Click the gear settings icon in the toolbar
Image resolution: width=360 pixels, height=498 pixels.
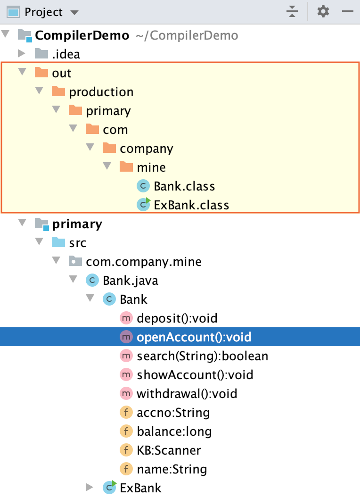pos(323,11)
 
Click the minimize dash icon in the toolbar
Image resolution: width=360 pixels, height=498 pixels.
pos(348,11)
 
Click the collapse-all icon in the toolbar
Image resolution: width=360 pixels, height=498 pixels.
pos(292,11)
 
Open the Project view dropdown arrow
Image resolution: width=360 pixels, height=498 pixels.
pos(74,12)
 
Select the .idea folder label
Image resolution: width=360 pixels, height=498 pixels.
pos(66,54)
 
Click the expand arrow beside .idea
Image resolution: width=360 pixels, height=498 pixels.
pos(22,53)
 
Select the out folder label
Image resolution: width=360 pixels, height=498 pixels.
pos(62,73)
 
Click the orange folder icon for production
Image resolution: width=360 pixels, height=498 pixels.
pos(58,91)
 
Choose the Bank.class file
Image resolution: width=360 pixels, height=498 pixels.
pos(184,186)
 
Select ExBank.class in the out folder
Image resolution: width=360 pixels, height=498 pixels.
pos(191,205)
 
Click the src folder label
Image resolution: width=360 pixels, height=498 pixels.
pos(78,243)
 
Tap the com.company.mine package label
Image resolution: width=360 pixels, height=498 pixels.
pos(144,262)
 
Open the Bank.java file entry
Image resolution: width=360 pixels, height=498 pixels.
pos(131,281)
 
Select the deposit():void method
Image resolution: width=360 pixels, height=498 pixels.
pos(177,318)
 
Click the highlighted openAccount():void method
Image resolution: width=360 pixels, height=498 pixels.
pos(194,337)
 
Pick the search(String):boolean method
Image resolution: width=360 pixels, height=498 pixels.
pos(202,356)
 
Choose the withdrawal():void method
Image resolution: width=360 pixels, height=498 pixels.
pos(187,394)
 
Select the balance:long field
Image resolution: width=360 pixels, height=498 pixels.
pos(174,432)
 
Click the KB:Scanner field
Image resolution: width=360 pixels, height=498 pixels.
pos(169,450)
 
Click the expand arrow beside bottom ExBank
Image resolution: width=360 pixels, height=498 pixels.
pos(90,487)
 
